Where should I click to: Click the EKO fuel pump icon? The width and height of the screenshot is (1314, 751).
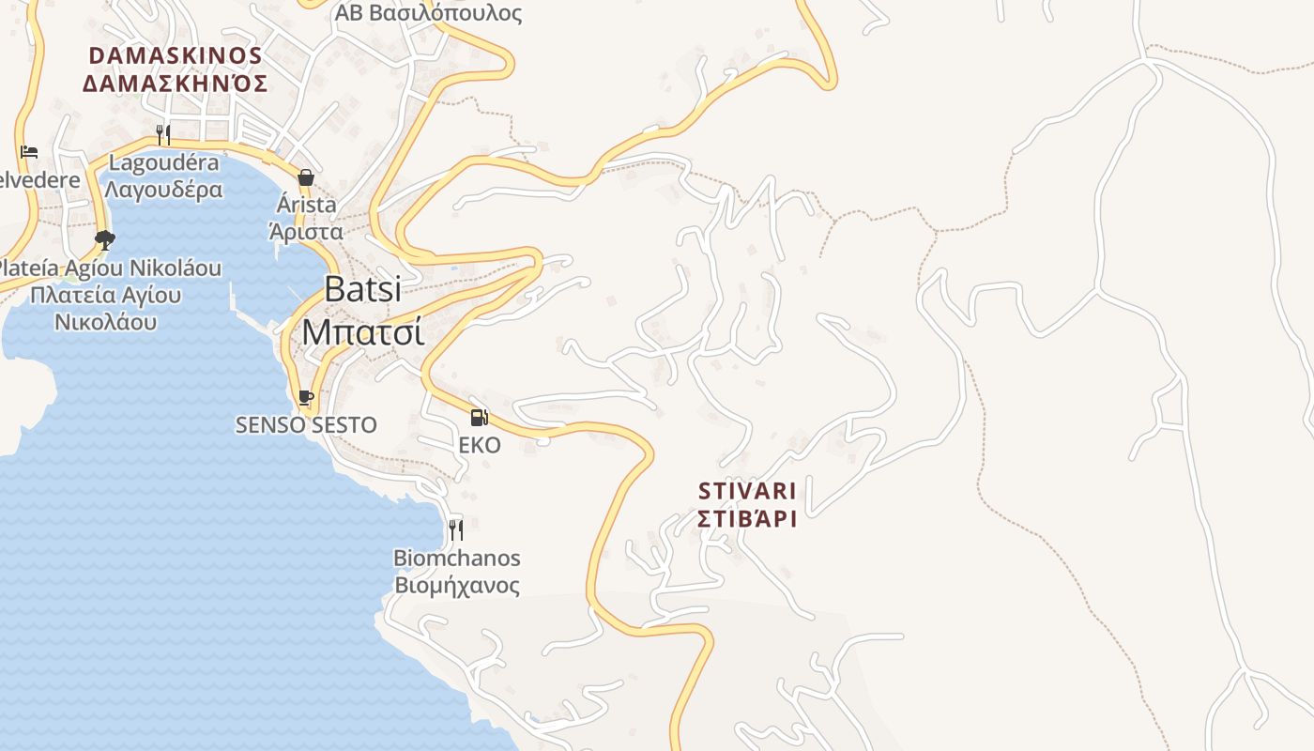click(479, 418)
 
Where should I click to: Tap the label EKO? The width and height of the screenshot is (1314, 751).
click(479, 445)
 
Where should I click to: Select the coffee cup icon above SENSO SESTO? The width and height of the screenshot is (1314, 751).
click(305, 397)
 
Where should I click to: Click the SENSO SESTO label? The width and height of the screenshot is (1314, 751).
click(306, 425)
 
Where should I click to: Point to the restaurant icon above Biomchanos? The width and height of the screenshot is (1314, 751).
click(456, 530)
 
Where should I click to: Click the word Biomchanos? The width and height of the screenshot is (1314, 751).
click(456, 559)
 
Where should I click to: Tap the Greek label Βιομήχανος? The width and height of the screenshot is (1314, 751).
click(456, 586)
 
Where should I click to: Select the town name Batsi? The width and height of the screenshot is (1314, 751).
click(362, 289)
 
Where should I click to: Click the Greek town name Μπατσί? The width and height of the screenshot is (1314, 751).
click(362, 331)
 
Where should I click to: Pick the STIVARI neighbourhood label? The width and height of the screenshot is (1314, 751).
click(747, 491)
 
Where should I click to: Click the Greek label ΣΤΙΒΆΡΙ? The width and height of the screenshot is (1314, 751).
click(747, 519)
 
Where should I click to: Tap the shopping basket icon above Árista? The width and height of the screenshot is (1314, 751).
click(306, 177)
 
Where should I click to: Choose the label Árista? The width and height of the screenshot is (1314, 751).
click(306, 205)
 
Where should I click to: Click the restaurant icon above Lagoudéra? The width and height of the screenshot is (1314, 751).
click(163, 135)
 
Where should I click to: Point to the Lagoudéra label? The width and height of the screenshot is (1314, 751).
click(163, 162)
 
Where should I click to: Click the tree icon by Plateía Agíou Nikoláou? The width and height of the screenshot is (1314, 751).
click(104, 240)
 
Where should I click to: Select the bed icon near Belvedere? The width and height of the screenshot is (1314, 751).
click(29, 152)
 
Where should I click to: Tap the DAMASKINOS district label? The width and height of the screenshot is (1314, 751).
click(176, 55)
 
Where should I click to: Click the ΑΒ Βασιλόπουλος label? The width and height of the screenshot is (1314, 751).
click(428, 13)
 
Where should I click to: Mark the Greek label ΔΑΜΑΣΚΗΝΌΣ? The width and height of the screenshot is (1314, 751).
click(176, 84)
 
